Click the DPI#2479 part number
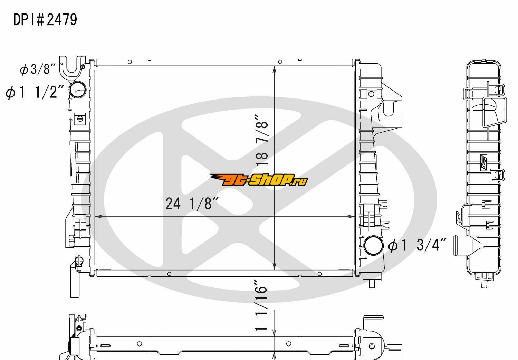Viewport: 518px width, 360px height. click(x=45, y=20)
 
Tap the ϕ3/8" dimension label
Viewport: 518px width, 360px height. click(x=38, y=69)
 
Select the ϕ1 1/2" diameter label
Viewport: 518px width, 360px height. click(x=35, y=92)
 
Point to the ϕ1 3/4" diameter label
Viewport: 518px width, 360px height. click(x=417, y=245)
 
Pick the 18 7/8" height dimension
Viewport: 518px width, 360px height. click(x=262, y=140)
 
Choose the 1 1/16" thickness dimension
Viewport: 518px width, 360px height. click(x=261, y=306)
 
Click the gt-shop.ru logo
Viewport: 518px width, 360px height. click(x=258, y=180)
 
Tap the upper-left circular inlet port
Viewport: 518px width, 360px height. click(x=77, y=89)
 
